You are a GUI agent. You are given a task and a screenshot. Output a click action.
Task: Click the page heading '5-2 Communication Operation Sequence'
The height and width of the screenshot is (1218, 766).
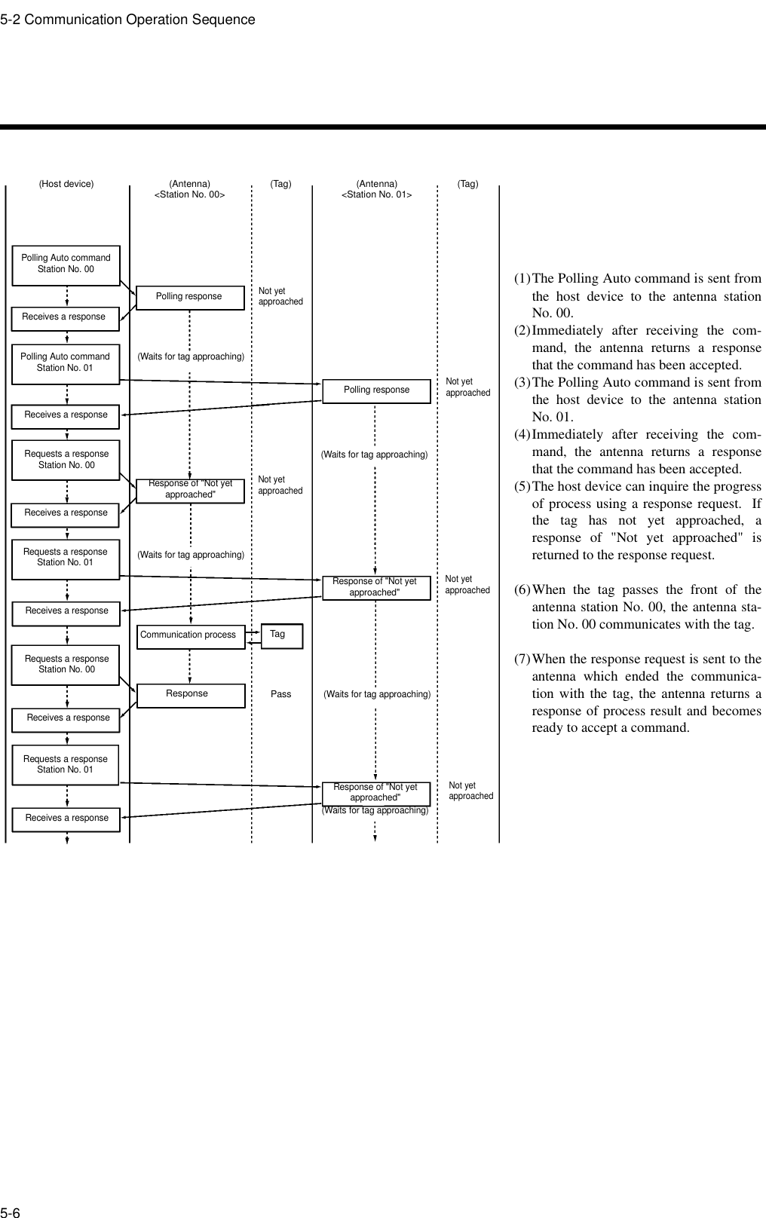127,20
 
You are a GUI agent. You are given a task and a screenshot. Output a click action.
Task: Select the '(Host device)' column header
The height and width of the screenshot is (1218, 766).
66,183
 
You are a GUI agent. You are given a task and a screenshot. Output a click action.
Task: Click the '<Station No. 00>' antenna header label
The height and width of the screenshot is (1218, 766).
189,195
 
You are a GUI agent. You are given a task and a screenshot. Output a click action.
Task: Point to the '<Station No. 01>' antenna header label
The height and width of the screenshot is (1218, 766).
376,195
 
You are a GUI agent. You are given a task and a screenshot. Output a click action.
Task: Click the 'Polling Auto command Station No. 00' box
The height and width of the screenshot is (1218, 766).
66,264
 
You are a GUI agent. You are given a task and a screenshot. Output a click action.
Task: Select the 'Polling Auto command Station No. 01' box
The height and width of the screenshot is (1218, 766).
66,362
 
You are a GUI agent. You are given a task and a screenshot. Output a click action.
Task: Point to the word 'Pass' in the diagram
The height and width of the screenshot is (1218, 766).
280,694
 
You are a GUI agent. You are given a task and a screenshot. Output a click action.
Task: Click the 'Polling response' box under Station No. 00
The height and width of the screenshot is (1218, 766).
189,297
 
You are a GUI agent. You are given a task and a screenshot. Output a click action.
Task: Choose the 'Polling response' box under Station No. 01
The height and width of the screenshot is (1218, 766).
376,390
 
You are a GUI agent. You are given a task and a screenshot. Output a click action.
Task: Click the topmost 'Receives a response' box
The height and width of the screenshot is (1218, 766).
66,317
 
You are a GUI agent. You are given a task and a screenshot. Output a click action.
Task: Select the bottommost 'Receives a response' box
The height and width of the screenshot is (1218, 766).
67,818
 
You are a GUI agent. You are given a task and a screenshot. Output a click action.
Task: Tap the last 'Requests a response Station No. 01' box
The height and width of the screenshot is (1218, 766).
66,764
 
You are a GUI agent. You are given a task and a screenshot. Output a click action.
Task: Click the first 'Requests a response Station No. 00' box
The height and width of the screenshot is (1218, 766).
66,460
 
